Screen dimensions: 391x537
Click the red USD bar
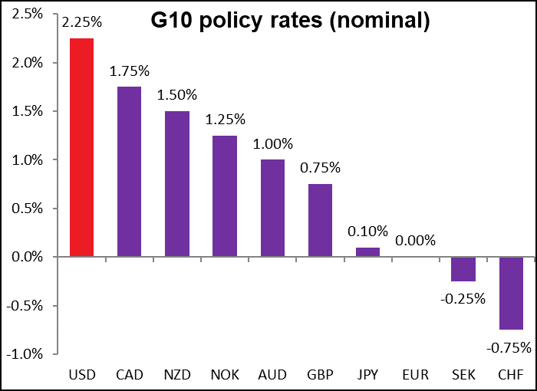(x=81, y=147)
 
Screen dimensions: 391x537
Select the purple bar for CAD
(x=129, y=172)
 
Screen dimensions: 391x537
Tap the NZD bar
(x=176, y=184)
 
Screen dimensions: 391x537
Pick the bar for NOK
(x=225, y=196)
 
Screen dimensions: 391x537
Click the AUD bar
(x=272, y=209)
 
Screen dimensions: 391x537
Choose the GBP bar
(x=320, y=221)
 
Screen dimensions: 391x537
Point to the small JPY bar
(x=367, y=252)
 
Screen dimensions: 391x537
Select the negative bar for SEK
(x=463, y=269)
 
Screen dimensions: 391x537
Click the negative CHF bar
(x=511, y=294)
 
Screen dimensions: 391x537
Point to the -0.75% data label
(x=509, y=347)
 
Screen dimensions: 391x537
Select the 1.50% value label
(x=176, y=95)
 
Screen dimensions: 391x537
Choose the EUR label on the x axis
(x=415, y=375)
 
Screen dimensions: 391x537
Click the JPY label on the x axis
(x=367, y=375)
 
